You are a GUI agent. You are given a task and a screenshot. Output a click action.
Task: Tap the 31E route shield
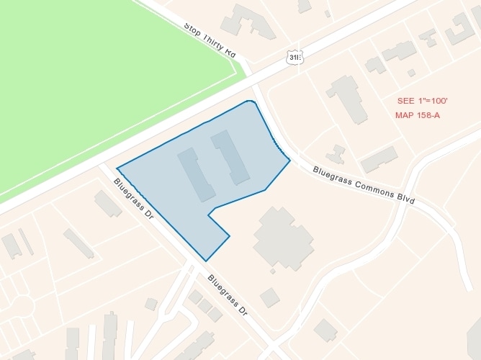click(x=293, y=57)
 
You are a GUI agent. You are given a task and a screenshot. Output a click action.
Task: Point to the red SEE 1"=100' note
click(x=422, y=101)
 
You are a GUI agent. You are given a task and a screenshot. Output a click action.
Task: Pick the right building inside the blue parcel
click(x=230, y=156)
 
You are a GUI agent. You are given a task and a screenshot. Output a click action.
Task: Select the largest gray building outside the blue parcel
click(x=283, y=238)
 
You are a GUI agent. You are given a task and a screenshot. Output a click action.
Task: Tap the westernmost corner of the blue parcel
click(x=117, y=169)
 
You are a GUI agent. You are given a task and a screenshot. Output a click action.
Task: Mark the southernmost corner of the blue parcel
click(x=206, y=261)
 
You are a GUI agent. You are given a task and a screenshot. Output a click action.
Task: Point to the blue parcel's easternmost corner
click(x=289, y=160)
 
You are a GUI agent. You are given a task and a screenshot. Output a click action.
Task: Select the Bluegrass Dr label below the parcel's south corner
click(x=228, y=296)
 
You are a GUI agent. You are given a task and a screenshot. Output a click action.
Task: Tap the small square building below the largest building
click(x=269, y=297)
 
